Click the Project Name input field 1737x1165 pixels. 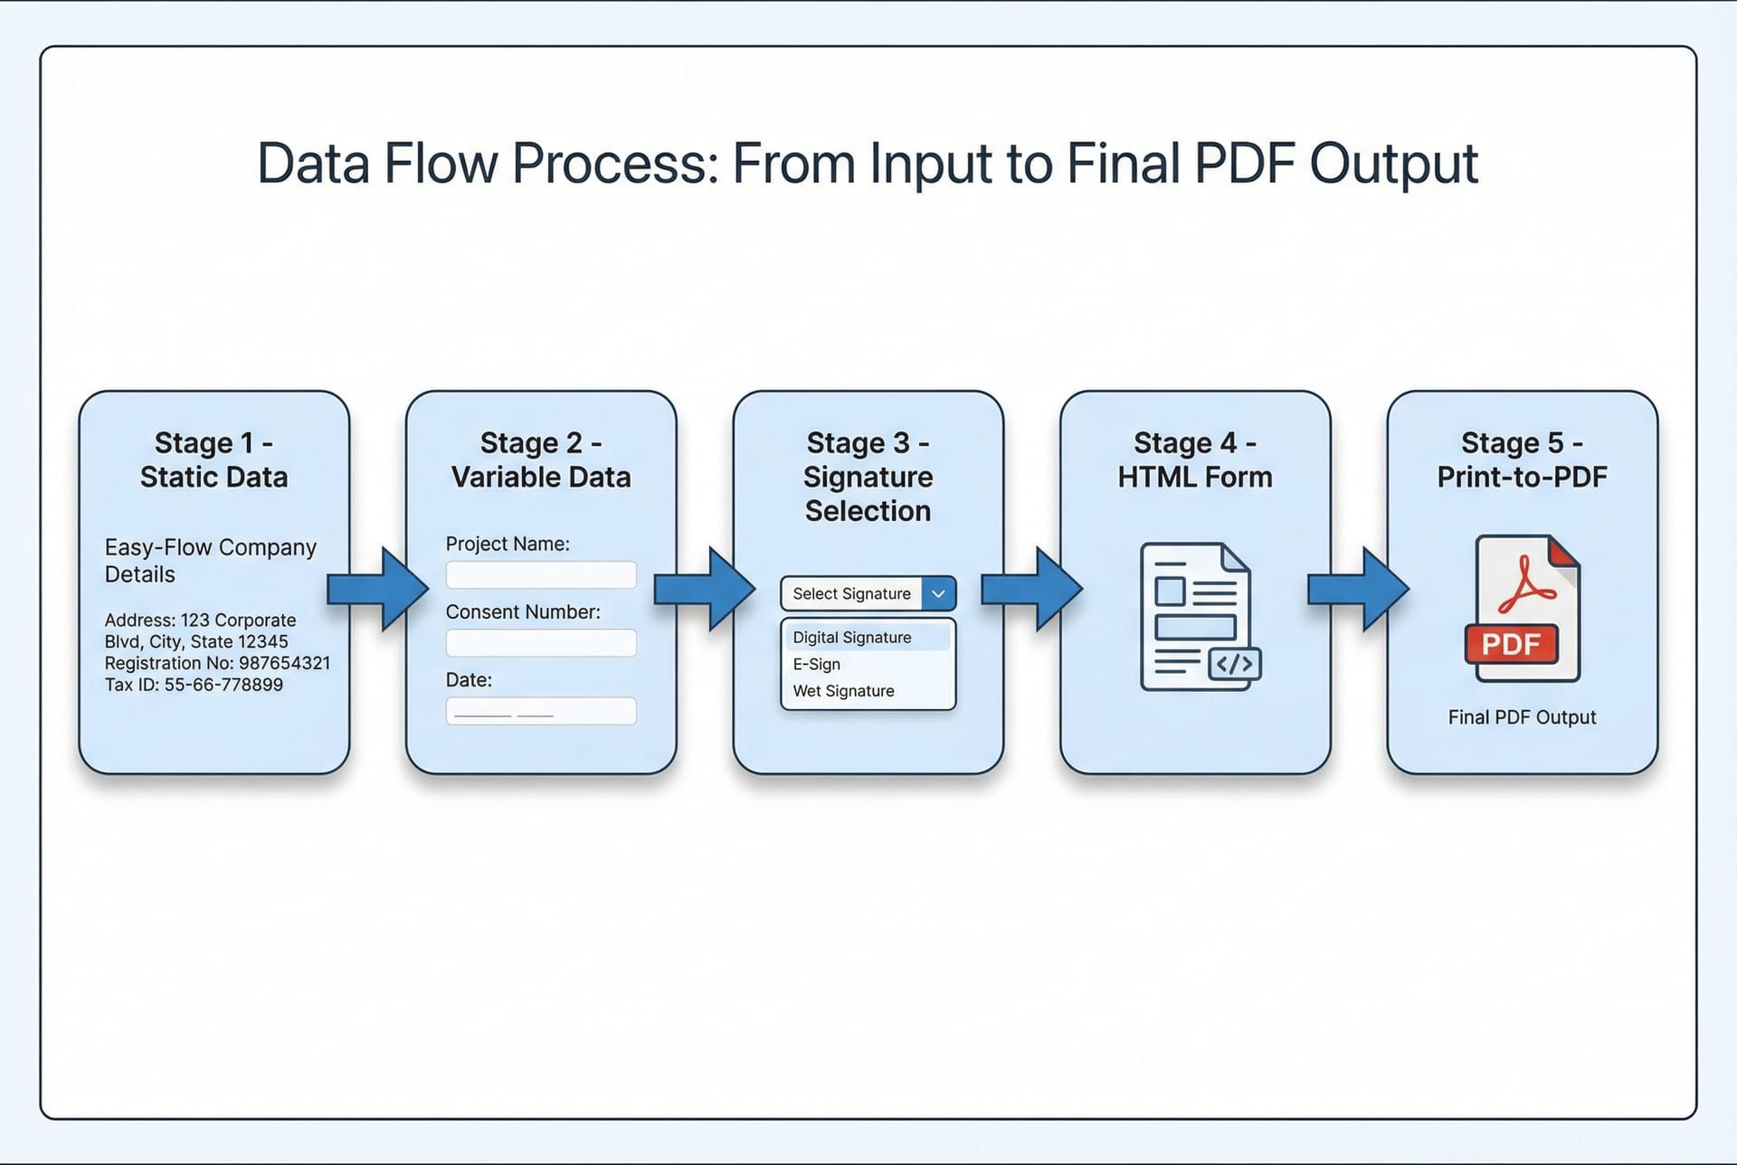click(x=541, y=575)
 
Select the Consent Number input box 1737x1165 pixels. click(x=541, y=643)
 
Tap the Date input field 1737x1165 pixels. click(x=541, y=711)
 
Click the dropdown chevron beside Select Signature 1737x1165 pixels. click(x=938, y=594)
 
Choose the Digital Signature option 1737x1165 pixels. click(x=851, y=638)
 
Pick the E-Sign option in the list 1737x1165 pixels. click(x=817, y=664)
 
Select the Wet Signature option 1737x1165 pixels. click(x=843, y=691)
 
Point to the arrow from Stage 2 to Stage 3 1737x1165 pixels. click(x=704, y=589)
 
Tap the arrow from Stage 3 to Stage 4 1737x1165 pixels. click(x=1031, y=589)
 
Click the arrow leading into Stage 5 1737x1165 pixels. click(x=1358, y=589)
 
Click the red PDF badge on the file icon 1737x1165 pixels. click(x=1511, y=644)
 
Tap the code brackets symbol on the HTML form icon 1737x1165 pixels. click(x=1235, y=665)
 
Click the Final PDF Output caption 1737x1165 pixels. click(x=1522, y=717)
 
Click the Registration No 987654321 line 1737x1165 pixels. click(x=217, y=663)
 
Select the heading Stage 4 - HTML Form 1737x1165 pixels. click(x=1194, y=459)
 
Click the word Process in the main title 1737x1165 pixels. click(x=615, y=164)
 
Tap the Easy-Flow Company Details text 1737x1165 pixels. click(x=210, y=561)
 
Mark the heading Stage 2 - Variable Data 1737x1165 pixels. click(x=541, y=459)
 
